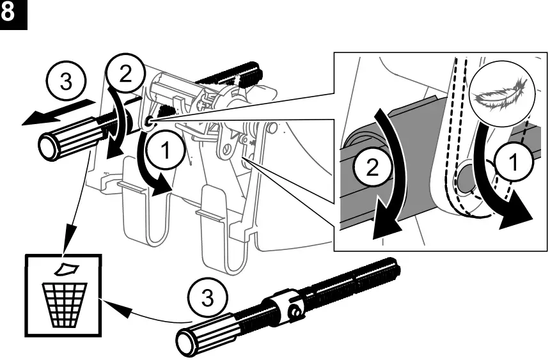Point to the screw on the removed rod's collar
[x=295, y=312]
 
